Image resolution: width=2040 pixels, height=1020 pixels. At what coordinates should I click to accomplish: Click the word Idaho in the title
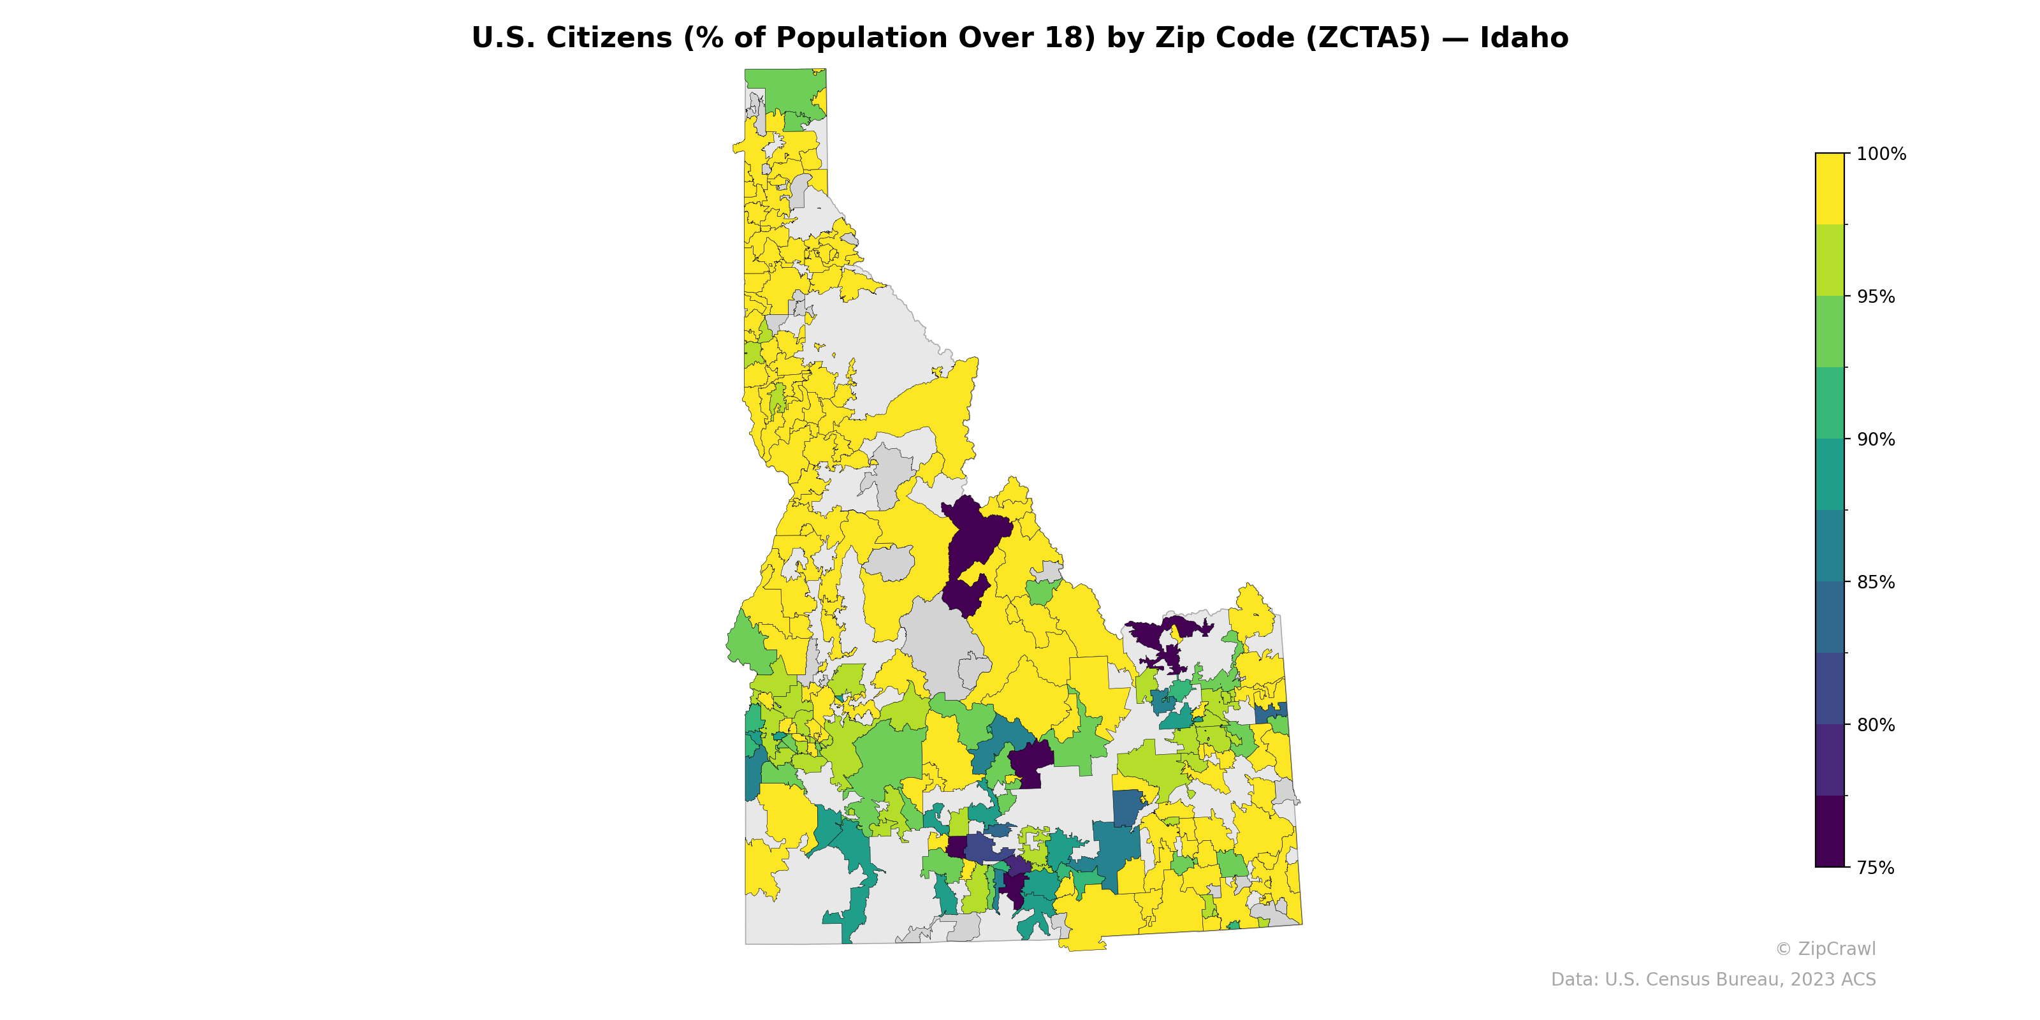click(1524, 38)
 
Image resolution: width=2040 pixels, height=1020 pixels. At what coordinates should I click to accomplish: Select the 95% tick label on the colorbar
click(1876, 297)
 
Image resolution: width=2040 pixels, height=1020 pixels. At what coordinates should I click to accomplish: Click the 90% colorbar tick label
click(1876, 439)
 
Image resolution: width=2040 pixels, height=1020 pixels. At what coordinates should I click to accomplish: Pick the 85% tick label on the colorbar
click(1876, 582)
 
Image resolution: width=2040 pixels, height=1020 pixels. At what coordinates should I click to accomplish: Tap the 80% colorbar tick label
click(1876, 725)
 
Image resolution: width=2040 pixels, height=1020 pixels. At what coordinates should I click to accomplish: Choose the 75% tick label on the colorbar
click(1876, 868)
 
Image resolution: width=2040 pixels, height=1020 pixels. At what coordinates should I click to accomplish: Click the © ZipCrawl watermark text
click(1825, 949)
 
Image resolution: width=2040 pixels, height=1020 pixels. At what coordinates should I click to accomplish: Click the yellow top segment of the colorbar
click(1830, 189)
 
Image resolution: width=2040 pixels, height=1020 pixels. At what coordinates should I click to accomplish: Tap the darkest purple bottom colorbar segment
click(1830, 831)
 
